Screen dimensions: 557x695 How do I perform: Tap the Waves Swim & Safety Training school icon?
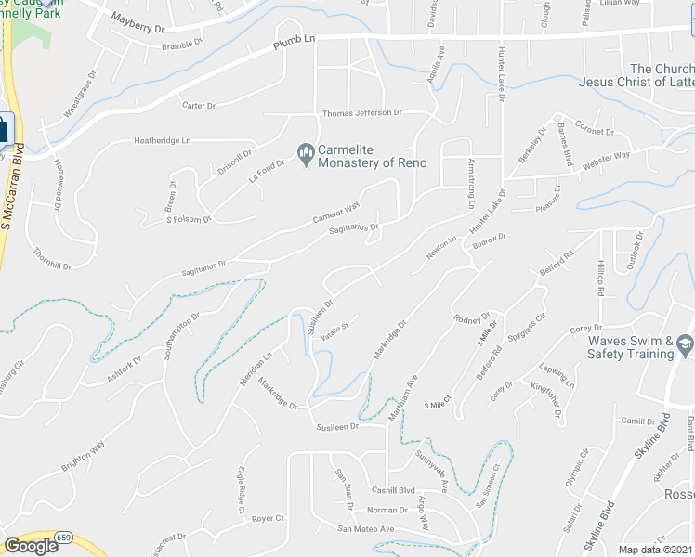tap(685, 343)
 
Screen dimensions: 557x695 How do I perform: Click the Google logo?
tap(31, 546)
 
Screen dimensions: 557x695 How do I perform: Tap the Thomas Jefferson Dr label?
tap(361, 113)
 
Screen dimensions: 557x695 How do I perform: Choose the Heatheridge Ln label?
tap(162, 140)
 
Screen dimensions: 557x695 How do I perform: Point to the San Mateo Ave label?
tap(366, 529)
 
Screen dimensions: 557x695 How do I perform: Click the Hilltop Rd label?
tap(600, 278)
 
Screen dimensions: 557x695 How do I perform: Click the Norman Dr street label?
tap(387, 510)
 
